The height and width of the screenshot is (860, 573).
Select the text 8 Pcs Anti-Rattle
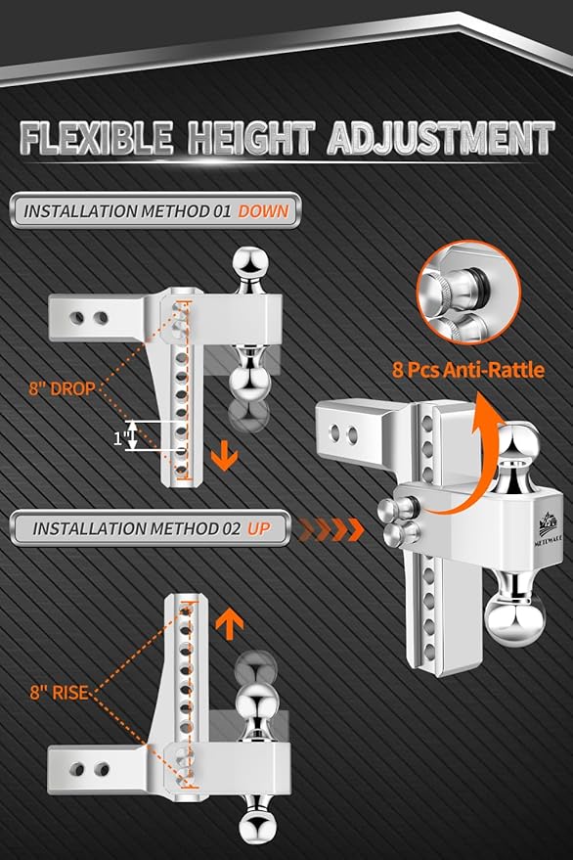[x=468, y=370]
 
